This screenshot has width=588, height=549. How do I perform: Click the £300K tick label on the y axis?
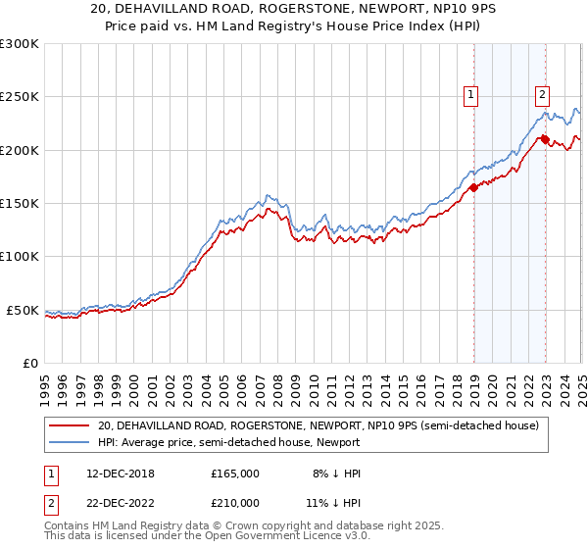(x=19, y=44)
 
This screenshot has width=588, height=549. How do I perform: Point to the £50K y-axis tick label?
(x=23, y=310)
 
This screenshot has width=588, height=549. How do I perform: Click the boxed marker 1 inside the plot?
(x=471, y=95)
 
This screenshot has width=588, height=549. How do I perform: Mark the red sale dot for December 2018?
(x=473, y=187)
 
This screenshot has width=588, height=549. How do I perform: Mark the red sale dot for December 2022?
(x=545, y=139)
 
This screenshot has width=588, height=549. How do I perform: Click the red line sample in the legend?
(x=69, y=425)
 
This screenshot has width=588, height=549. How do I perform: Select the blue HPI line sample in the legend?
(x=69, y=442)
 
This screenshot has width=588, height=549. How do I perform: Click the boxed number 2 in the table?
(x=50, y=503)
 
